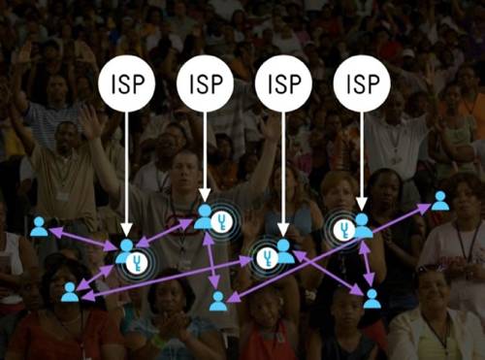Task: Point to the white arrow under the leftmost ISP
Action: [127, 175]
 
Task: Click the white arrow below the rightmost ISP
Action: [361, 160]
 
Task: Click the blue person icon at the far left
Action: [39, 227]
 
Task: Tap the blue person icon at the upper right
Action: [439, 201]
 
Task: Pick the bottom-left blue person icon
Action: [70, 290]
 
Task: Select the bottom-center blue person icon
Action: [218, 301]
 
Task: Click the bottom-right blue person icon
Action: [372, 298]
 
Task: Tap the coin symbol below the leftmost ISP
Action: [140, 260]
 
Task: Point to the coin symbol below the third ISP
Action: [267, 257]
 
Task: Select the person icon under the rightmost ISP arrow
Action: [362, 225]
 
